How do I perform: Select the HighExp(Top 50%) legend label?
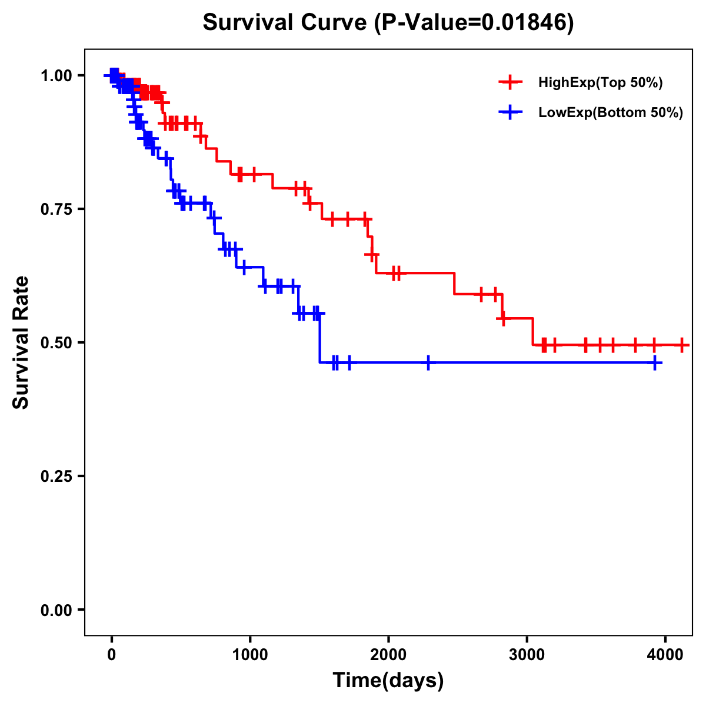coord(600,83)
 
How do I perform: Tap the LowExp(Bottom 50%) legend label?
coord(611,113)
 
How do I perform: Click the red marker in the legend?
coord(510,82)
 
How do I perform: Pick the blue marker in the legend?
coord(510,112)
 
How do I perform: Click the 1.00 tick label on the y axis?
coord(57,76)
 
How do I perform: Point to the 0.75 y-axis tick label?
coord(57,209)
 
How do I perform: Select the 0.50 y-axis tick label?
coord(57,343)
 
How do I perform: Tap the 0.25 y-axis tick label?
coord(57,477)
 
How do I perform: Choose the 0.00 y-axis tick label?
coord(57,610)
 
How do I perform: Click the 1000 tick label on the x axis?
coord(250,654)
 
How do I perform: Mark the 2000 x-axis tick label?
coord(388,654)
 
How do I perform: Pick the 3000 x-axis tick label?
coord(527,654)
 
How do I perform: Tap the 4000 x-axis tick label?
coord(665,654)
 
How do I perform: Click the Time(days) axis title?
coord(388,681)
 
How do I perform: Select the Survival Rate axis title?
coord(21,342)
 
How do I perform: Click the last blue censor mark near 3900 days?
coord(655,363)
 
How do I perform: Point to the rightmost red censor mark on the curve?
coord(681,345)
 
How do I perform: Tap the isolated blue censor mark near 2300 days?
coord(428,363)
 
